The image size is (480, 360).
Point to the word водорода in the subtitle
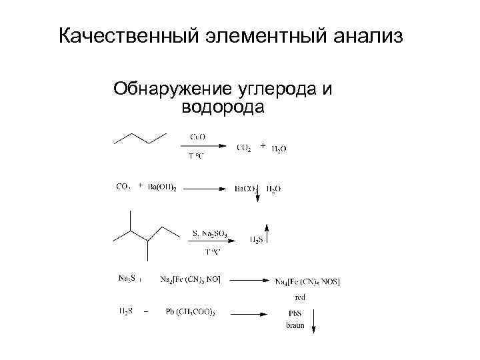tap(223, 107)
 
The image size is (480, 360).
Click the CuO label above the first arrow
tap(198, 137)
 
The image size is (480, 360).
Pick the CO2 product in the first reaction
tap(244, 148)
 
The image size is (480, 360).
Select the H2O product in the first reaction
tap(279, 149)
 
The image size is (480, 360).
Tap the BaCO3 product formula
tap(246, 189)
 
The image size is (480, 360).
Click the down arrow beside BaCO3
tap(256, 200)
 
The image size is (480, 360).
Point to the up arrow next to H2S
tap(267, 231)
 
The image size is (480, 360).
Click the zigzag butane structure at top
tap(139, 137)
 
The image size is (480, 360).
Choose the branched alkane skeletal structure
tap(145, 233)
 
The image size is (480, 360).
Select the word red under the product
tap(300, 297)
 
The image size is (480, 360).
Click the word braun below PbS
tap(295, 326)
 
